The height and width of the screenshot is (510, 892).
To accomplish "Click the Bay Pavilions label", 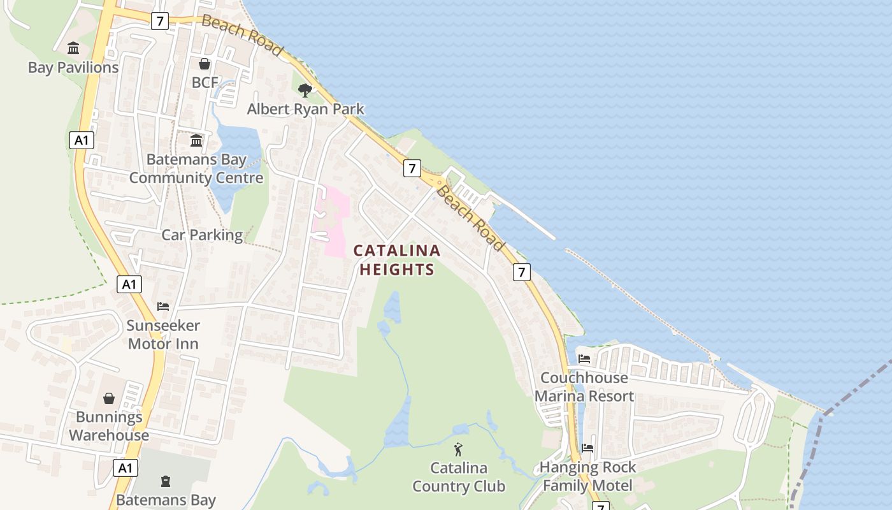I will pyautogui.click(x=73, y=68).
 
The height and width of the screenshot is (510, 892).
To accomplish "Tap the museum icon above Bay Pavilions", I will pyautogui.click(x=73, y=48).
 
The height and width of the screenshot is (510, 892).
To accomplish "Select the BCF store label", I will pyautogui.click(x=205, y=83).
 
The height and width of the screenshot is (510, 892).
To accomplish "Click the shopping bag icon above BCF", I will pyautogui.click(x=205, y=64).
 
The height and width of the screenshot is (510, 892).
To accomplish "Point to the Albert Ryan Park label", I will pyautogui.click(x=306, y=109).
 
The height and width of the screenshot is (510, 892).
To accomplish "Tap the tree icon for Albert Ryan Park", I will pyautogui.click(x=305, y=90).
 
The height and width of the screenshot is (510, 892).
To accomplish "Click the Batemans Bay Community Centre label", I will pyautogui.click(x=196, y=168).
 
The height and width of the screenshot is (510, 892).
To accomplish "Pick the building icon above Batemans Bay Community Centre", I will pyautogui.click(x=196, y=140).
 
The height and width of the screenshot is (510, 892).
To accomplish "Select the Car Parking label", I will pyautogui.click(x=202, y=235).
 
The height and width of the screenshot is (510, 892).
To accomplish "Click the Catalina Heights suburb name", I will pyautogui.click(x=397, y=260).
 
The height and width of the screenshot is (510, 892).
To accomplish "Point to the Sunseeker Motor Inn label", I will pyautogui.click(x=163, y=335).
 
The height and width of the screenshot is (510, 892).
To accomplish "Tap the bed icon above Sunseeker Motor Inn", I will pyautogui.click(x=163, y=307).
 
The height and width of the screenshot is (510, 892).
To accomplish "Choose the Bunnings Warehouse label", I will pyautogui.click(x=109, y=426).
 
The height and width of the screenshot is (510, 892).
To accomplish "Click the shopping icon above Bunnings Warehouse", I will pyautogui.click(x=109, y=398).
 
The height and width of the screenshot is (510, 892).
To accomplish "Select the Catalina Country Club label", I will pyautogui.click(x=459, y=477).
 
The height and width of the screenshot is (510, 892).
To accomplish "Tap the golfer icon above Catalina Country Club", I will pyautogui.click(x=458, y=449).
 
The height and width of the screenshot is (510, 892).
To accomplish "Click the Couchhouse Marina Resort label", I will pyautogui.click(x=584, y=387).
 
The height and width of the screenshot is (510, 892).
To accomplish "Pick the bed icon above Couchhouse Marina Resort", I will pyautogui.click(x=584, y=359).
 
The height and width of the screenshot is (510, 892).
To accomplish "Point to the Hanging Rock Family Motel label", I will pyautogui.click(x=587, y=476).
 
